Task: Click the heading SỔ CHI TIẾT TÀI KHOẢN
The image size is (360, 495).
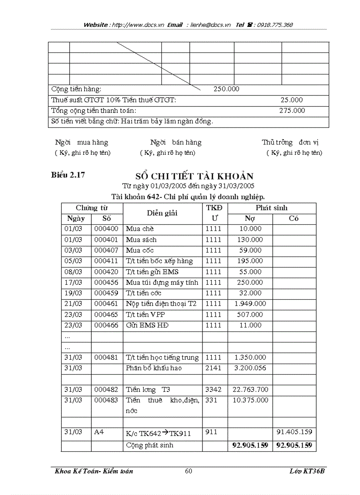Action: point(194,176)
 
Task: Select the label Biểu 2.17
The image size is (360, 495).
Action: point(68,175)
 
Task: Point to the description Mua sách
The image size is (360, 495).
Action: point(141,240)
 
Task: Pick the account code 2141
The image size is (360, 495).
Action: point(214,368)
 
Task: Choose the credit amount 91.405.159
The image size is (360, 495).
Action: point(294,432)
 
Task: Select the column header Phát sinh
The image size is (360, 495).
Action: point(271,208)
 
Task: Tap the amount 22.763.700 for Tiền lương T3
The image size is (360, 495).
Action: point(250,389)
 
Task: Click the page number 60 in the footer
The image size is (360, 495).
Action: point(188,471)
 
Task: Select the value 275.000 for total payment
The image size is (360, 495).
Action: point(292,111)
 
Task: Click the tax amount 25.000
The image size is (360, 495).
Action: point(292,100)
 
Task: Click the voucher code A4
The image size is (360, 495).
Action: point(99,432)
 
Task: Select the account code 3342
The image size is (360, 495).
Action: point(214,389)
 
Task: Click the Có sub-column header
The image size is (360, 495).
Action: point(294,218)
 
